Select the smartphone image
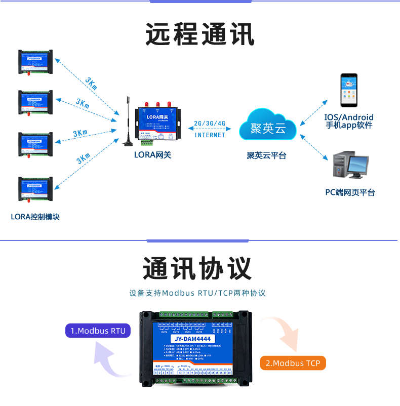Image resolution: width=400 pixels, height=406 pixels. pos(348,91)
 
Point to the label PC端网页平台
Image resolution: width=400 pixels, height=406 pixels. pos(350,192)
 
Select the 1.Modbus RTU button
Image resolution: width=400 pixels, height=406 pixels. pos(98,331)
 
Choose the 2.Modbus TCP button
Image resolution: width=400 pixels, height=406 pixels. pos(293,363)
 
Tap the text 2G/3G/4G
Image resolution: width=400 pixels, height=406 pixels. pos(210,124)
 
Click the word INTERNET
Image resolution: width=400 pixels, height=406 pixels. pos(210,135)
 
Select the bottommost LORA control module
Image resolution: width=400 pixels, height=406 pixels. pos(35,190)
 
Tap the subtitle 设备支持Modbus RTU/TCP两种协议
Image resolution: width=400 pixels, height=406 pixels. pos(197,293)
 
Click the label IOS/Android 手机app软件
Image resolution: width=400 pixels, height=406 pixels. pos(349,121)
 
